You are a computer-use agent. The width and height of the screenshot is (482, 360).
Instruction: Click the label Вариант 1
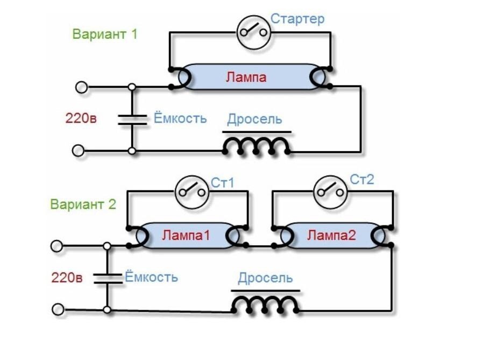pyautogui.click(x=105, y=34)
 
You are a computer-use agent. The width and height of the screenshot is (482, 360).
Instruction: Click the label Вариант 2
pyautogui.click(x=83, y=204)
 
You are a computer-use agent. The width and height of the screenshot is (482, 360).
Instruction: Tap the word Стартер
pyautogui.click(x=297, y=19)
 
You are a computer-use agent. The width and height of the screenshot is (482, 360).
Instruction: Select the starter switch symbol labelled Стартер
pyautogui.click(x=253, y=32)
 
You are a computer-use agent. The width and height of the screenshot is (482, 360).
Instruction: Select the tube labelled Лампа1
pyautogui.click(x=187, y=236)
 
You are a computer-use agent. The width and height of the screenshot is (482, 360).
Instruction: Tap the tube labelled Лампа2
pyautogui.click(x=332, y=235)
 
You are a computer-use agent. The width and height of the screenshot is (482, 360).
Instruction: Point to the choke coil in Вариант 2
pyautogui.click(x=265, y=305)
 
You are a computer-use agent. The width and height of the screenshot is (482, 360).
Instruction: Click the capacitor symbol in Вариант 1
pyautogui.click(x=132, y=119)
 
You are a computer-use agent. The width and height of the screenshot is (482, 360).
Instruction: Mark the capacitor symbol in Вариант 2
pyautogui.click(x=107, y=278)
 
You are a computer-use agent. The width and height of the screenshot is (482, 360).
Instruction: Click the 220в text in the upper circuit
pyautogui.click(x=81, y=118)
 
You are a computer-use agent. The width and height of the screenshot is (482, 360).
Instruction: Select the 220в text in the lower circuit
pyautogui.click(x=67, y=278)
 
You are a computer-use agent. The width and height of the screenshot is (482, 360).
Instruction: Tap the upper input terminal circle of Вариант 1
pyautogui.click(x=81, y=87)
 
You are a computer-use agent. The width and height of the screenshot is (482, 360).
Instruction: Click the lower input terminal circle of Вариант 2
pyautogui.click(x=58, y=310)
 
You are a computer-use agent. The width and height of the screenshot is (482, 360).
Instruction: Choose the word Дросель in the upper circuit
pyautogui.click(x=254, y=119)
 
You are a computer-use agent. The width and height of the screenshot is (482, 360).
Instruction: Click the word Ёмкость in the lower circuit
pyautogui.click(x=151, y=278)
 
